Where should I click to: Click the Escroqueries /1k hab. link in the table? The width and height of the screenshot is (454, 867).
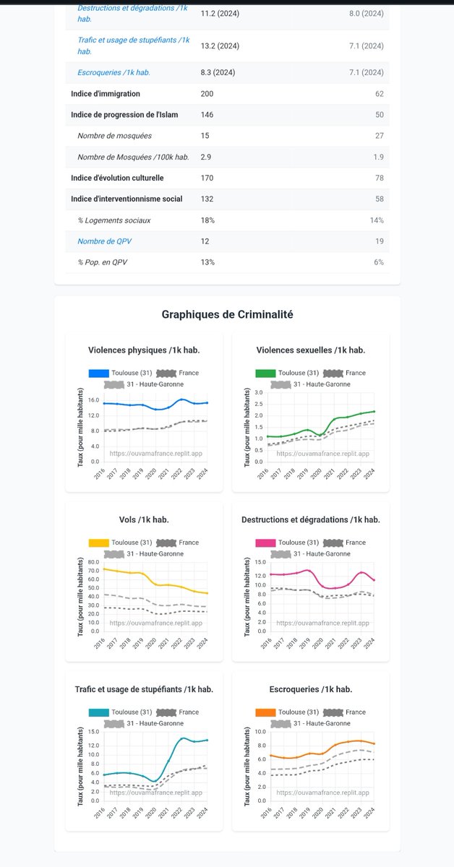click(113, 73)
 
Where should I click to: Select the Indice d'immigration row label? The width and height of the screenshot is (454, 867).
click(106, 94)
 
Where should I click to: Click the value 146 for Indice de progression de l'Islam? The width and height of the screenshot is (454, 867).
click(207, 115)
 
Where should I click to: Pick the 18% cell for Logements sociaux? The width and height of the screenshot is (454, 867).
click(207, 220)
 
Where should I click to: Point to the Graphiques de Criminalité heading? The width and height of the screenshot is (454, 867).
click(227, 314)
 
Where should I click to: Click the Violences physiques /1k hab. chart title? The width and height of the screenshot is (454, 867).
click(144, 350)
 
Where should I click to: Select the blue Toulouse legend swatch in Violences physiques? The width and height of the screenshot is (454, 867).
click(98, 374)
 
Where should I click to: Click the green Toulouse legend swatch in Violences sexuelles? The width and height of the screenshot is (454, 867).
click(266, 374)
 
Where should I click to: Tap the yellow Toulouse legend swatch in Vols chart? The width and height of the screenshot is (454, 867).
click(98, 543)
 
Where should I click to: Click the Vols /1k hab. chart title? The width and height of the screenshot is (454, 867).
click(144, 519)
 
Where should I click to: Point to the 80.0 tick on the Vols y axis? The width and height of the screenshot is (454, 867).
click(93, 562)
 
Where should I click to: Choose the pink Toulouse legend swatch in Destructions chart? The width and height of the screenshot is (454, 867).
click(266, 543)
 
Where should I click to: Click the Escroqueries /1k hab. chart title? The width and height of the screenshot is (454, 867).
click(310, 689)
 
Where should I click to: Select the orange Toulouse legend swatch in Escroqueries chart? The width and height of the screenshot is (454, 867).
click(266, 712)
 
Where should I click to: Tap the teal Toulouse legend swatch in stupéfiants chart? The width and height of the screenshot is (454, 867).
click(98, 712)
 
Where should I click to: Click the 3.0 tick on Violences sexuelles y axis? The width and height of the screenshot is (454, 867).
click(259, 392)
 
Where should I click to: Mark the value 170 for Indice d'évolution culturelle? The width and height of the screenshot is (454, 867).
click(207, 178)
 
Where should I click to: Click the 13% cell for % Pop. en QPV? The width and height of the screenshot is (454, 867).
click(207, 262)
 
